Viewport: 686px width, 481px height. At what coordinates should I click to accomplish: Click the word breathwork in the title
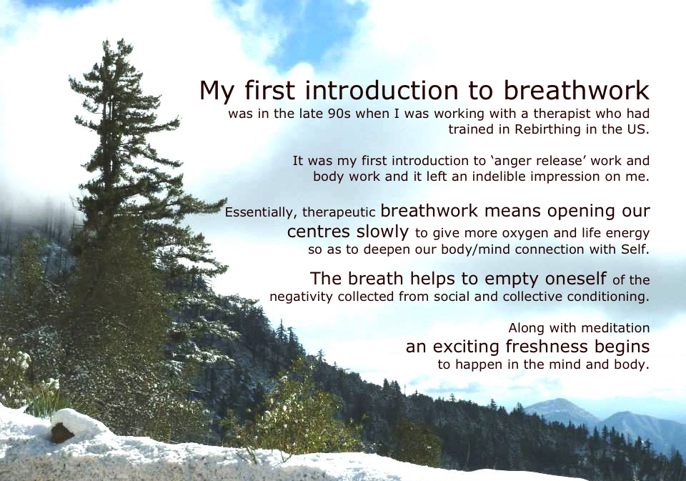click(576, 90)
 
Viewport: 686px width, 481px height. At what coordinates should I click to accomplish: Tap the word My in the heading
click(217, 91)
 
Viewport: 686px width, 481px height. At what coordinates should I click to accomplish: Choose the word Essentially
click(262, 213)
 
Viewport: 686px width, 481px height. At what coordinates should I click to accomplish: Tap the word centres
click(319, 231)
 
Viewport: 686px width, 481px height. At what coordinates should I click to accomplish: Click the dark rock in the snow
click(61, 432)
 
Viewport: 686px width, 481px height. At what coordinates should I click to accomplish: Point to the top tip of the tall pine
click(105, 41)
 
